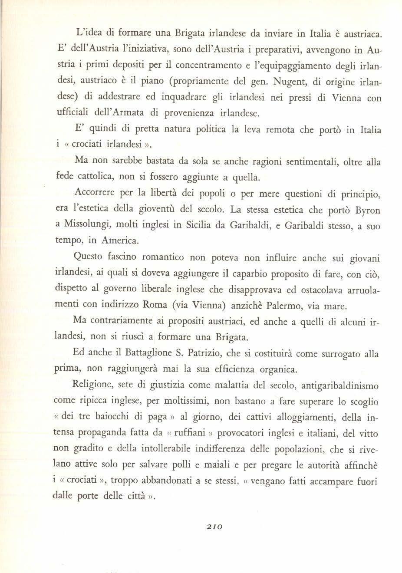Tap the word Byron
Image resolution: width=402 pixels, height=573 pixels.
pyautogui.click(x=367, y=210)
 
